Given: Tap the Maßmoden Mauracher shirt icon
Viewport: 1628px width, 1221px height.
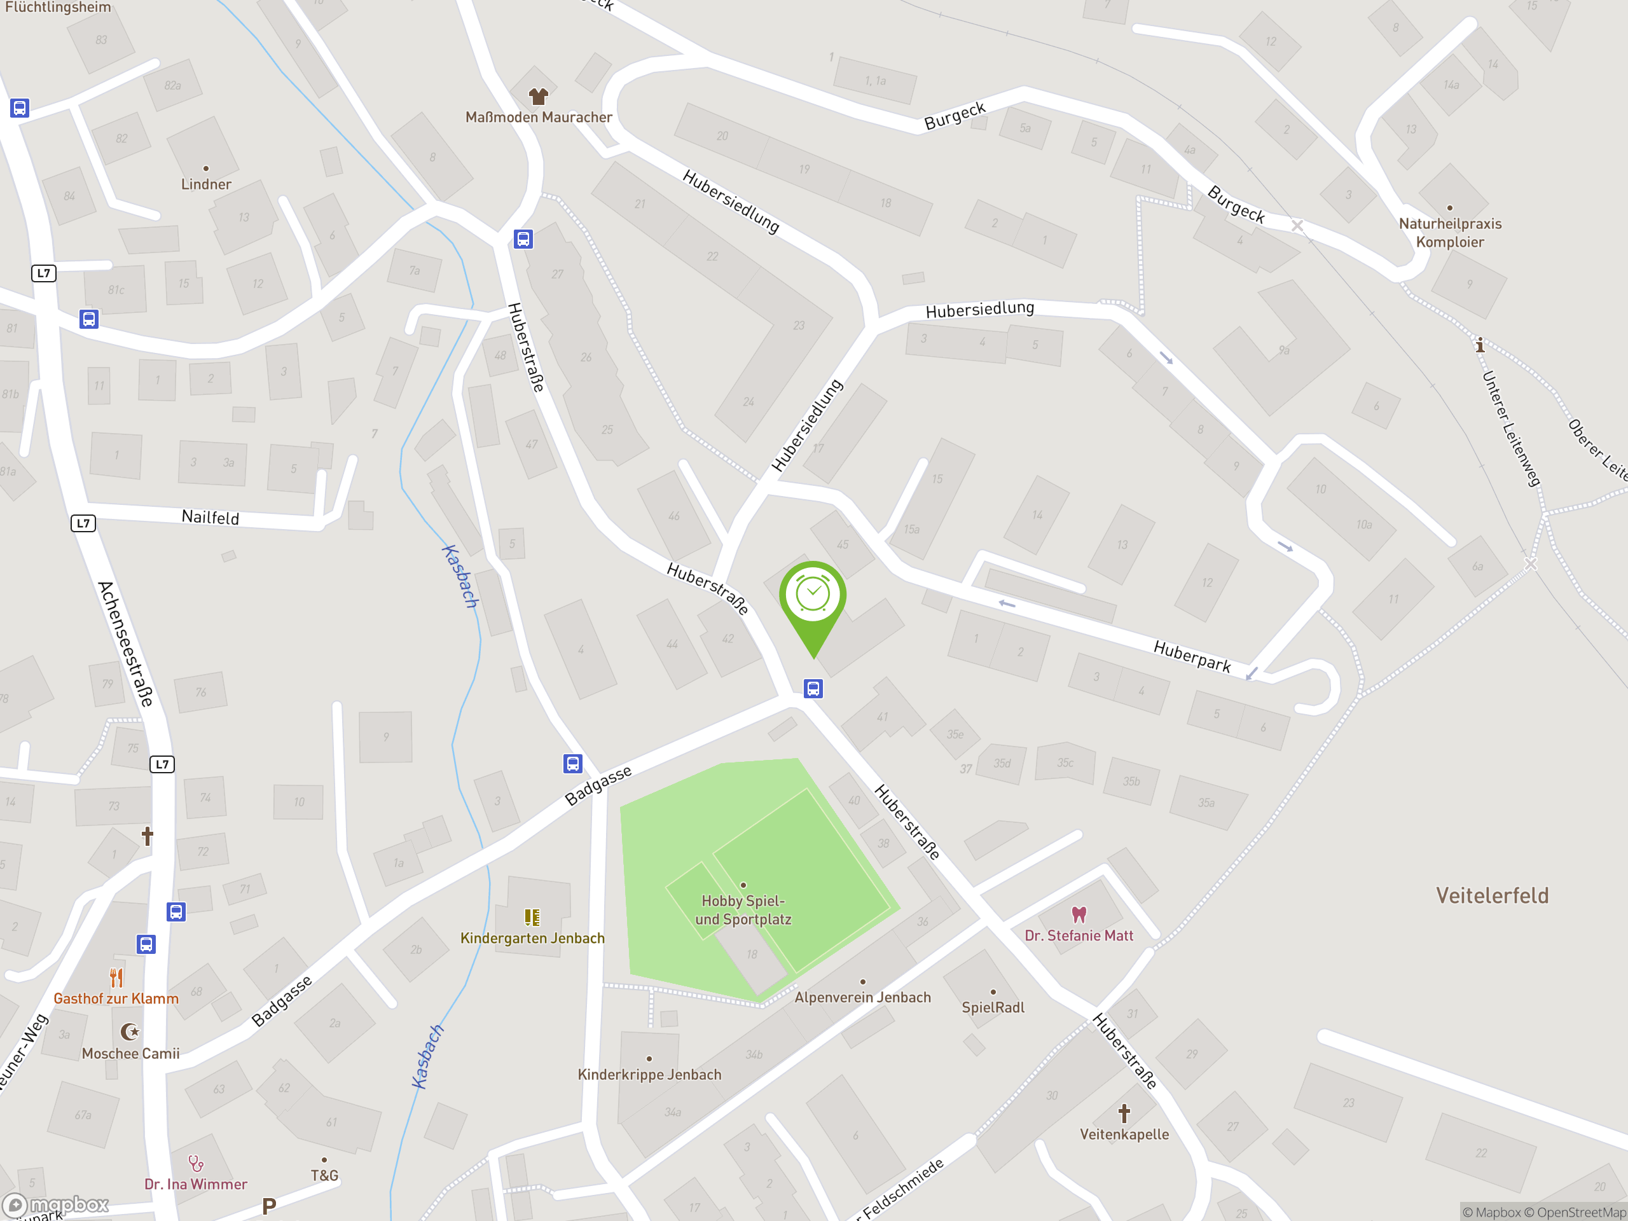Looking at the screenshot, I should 539,95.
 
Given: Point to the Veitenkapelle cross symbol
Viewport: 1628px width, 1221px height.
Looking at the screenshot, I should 1124,1113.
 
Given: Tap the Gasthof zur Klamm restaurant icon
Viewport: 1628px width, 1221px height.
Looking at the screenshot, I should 116,977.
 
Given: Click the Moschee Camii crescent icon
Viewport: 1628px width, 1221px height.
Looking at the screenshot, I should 130,1032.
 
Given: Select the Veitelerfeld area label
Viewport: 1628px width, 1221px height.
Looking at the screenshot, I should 1492,895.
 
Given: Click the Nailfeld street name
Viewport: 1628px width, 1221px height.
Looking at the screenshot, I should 210,518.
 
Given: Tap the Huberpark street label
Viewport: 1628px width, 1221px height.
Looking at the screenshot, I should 1192,656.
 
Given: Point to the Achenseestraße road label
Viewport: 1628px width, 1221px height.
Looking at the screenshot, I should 126,644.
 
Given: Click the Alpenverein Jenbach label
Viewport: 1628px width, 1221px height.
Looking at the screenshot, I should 862,997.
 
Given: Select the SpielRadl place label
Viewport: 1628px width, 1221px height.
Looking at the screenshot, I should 993,1007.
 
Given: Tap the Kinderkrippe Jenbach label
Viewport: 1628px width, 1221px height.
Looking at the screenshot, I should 649,1075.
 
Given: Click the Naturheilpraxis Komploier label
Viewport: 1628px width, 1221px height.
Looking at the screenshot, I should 1450,233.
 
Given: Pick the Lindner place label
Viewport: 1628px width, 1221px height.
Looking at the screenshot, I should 206,184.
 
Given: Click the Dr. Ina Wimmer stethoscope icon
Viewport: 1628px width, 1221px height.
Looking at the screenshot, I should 195,1164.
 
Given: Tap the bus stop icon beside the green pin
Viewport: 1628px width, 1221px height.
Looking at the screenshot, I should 813,689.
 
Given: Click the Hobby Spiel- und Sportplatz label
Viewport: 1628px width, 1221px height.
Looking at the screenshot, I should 743,909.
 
